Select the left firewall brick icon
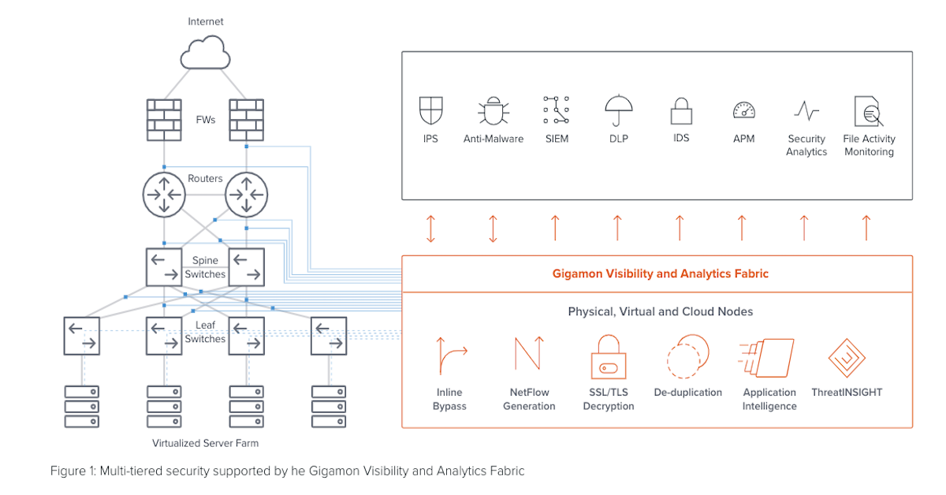(x=164, y=120)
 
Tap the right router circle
(x=247, y=194)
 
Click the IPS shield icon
(x=430, y=111)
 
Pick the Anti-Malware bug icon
(x=493, y=111)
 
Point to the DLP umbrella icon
(x=619, y=111)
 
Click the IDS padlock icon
(x=681, y=111)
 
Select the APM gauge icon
(x=743, y=111)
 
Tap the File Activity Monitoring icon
(x=868, y=111)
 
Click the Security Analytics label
(x=806, y=145)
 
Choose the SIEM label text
(x=556, y=139)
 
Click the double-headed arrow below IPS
(x=430, y=228)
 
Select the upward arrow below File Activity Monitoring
(x=866, y=228)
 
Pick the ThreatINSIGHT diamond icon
(x=847, y=357)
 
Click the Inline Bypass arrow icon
(x=450, y=357)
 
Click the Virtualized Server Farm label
(x=205, y=443)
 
